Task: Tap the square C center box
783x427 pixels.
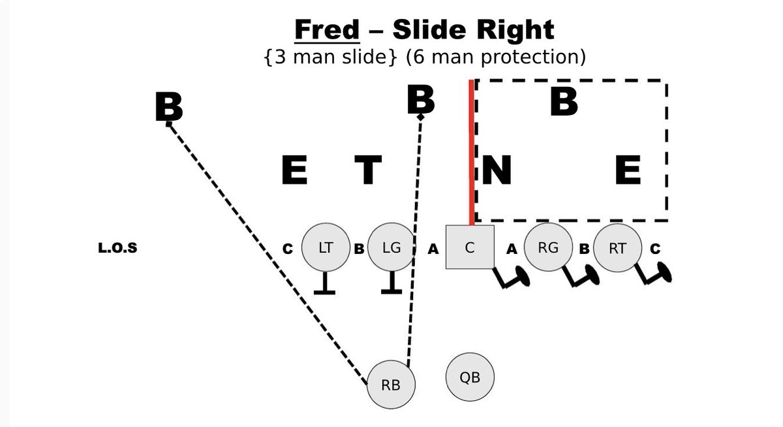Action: coord(470,247)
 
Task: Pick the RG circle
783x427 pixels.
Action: coord(549,248)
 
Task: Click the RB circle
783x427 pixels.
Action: coord(391,384)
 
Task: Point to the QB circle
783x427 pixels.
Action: coord(470,377)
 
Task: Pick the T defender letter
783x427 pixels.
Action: coord(368,171)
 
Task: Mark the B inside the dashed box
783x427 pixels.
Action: coord(564,102)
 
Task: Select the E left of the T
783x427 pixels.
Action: coord(294,171)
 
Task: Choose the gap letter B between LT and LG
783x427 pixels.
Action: coord(359,249)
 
